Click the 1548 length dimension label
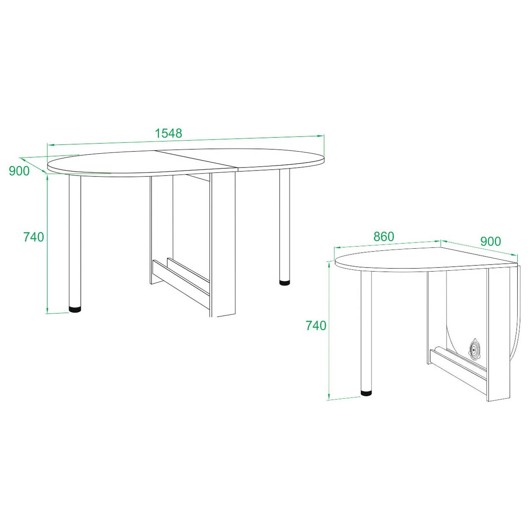169,133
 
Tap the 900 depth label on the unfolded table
19,171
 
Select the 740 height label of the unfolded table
34,237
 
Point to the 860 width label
384,236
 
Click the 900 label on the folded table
491,241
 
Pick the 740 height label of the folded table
316,326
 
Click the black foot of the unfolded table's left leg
75,309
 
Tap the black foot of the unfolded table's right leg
285,282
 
